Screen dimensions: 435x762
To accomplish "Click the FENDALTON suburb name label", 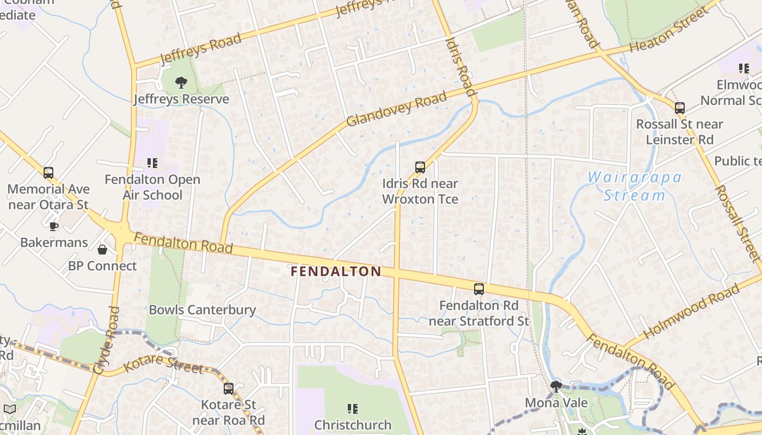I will click(x=336, y=271).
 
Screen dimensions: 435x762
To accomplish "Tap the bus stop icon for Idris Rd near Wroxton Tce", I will click(x=420, y=167).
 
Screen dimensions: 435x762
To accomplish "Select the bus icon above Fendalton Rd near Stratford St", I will click(x=479, y=289).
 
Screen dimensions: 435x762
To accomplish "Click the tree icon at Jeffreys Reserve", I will click(x=181, y=83).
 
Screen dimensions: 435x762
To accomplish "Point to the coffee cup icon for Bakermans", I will click(x=53, y=226).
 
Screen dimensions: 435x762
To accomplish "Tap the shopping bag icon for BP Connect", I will click(x=102, y=250).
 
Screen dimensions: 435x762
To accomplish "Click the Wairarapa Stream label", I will click(x=635, y=186).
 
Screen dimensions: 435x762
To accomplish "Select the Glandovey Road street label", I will click(x=396, y=109).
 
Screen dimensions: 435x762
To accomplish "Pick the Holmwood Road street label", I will click(x=691, y=314).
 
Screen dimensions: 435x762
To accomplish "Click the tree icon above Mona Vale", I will click(x=556, y=387).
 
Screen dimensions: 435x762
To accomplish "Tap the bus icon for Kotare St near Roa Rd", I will click(x=229, y=389).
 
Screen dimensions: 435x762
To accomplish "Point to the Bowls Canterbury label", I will click(x=202, y=310).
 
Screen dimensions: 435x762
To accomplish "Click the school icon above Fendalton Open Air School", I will click(x=152, y=163).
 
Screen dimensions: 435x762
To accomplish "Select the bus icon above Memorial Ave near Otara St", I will click(x=48, y=173).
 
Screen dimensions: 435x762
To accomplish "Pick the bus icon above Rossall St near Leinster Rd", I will click(x=679, y=108).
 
